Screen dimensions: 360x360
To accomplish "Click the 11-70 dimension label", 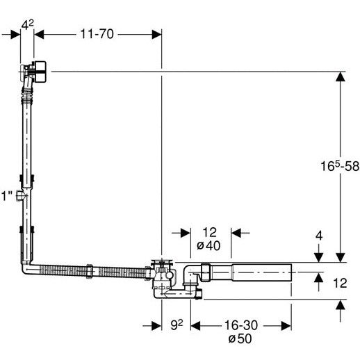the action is click(x=97, y=34).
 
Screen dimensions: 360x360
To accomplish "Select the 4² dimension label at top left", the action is click(x=28, y=24).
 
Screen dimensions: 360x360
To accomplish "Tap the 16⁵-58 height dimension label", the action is click(x=340, y=166).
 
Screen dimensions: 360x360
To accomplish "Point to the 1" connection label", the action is click(x=7, y=196).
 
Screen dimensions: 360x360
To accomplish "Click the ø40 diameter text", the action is click(x=208, y=245).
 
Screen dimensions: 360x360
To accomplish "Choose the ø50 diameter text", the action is click(x=240, y=338).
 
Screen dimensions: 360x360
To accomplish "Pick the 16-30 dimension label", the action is click(x=241, y=325).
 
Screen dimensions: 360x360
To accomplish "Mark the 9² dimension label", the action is click(x=177, y=325).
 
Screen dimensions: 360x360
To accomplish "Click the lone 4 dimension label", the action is click(x=319, y=236).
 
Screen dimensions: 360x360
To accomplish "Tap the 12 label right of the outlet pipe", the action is click(x=340, y=283).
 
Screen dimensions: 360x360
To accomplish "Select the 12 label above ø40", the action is click(x=210, y=232).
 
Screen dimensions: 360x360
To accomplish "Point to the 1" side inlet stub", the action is click(x=20, y=196).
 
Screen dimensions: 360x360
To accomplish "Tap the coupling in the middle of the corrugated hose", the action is click(x=90, y=271).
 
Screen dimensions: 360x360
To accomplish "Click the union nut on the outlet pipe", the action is click(x=206, y=272).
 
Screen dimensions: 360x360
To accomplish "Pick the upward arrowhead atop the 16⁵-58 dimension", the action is click(x=340, y=76).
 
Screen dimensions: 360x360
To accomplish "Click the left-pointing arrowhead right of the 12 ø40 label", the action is click(x=236, y=233).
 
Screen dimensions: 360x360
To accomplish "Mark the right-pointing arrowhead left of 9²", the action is click(x=156, y=326).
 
